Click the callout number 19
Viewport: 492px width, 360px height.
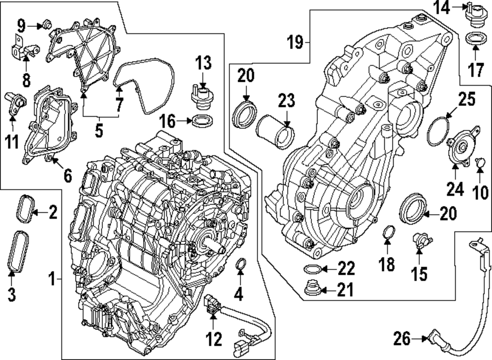298,43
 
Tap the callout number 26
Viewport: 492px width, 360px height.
401,338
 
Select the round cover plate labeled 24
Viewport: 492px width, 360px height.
461,147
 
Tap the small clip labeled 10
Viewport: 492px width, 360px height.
481,161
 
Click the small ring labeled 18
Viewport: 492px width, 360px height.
388,231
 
